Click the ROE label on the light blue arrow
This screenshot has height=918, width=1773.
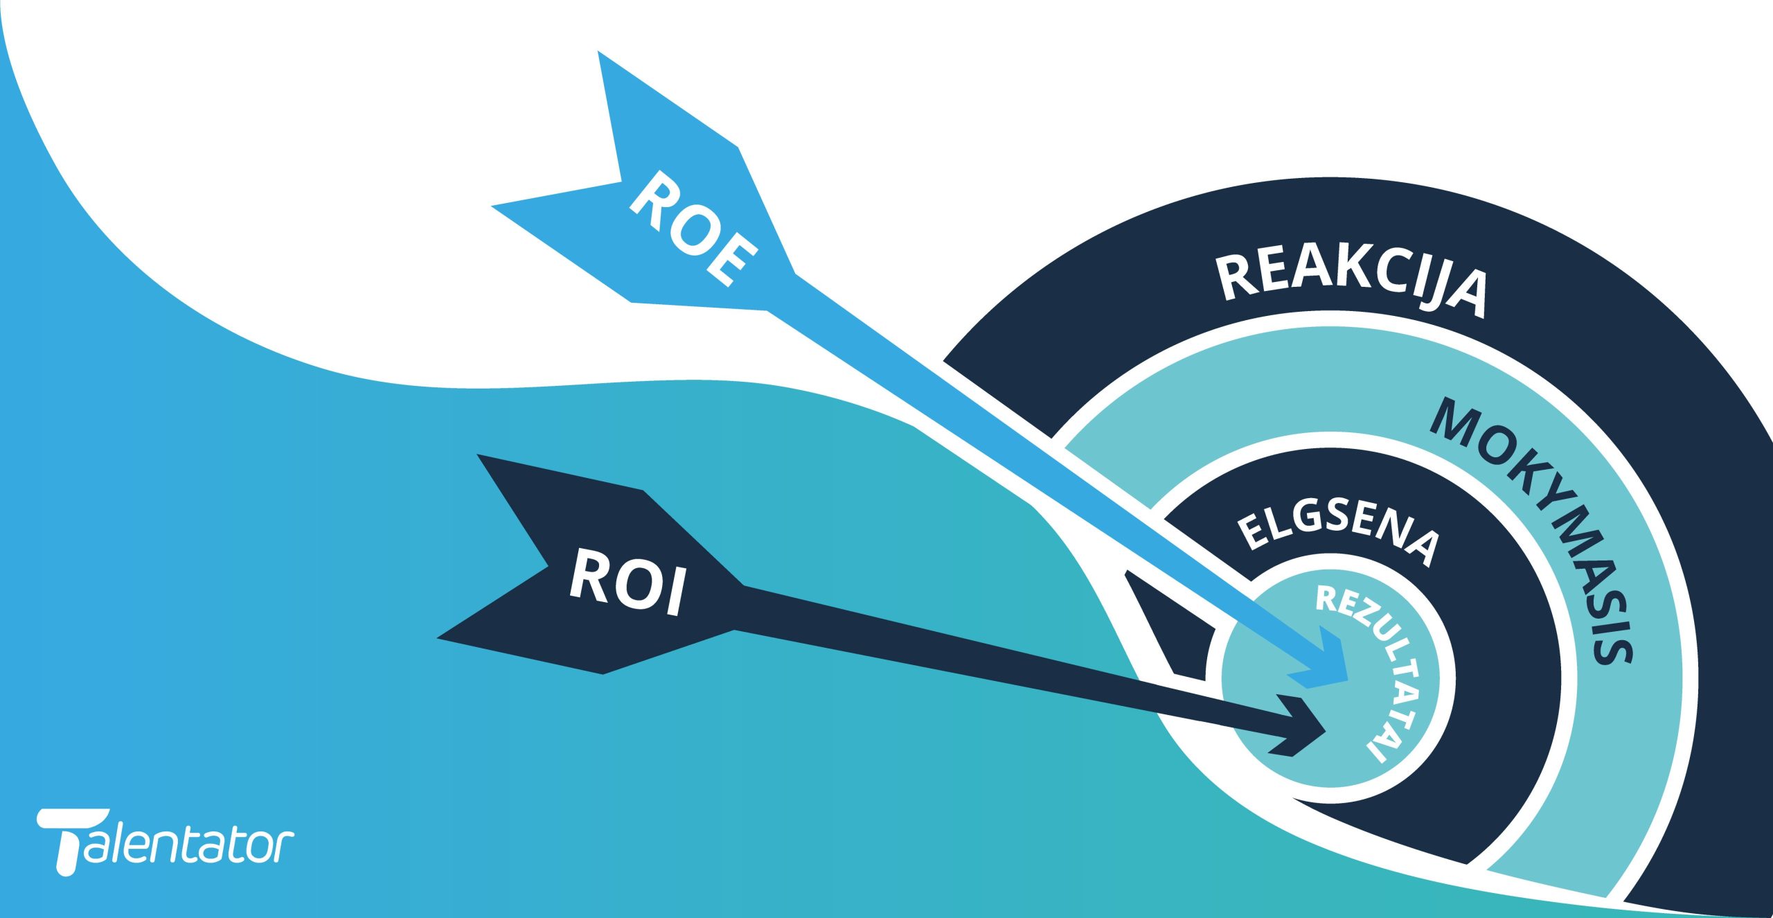pyautogui.click(x=693, y=229)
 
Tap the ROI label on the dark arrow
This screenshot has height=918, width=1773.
pyautogui.click(x=627, y=582)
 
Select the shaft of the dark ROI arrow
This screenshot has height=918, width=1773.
pyautogui.click(x=1004, y=665)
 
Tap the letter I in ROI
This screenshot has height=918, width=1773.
pyautogui.click(x=671, y=592)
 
